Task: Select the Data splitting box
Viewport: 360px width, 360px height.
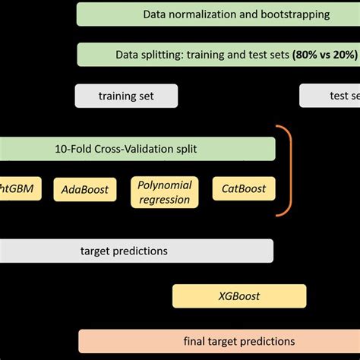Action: (218, 54)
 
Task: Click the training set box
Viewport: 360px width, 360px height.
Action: (126, 96)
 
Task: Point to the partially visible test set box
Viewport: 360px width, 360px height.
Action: (330, 96)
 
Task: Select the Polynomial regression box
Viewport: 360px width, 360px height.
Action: (165, 192)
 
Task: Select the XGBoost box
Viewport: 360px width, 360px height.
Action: (239, 296)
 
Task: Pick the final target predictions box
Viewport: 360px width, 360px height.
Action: (219, 341)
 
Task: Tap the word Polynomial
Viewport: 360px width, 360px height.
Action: (165, 185)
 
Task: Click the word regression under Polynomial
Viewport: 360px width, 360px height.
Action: (165, 199)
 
